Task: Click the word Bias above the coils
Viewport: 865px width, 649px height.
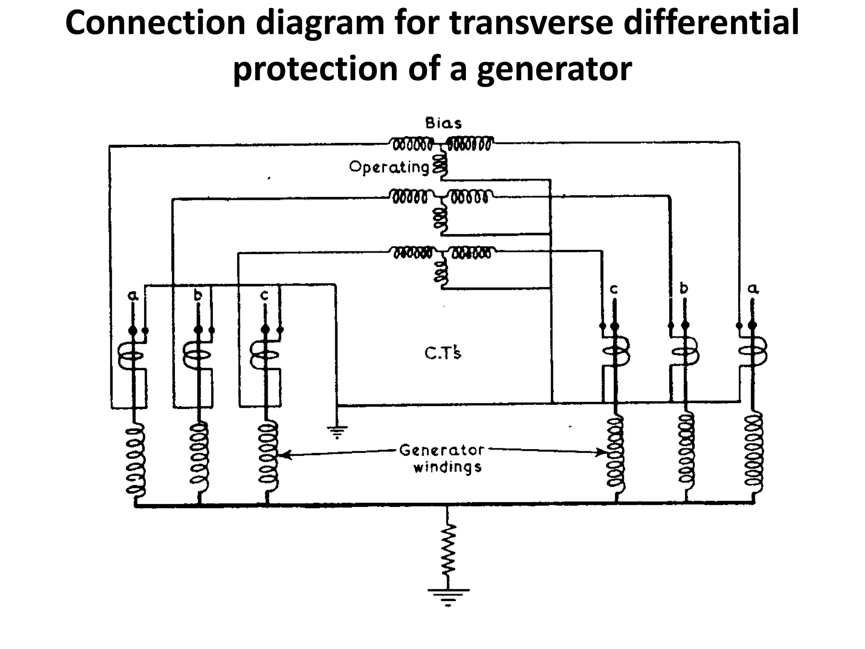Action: pos(443,123)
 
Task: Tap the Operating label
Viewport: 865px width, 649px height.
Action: pos(389,168)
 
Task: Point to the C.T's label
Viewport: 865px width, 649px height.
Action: pos(443,353)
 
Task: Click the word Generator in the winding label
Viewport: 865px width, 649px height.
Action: pos(441,450)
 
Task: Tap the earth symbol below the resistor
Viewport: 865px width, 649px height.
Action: pos(448,596)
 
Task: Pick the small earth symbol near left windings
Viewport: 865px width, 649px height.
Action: pos(337,431)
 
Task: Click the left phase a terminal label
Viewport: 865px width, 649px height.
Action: pos(133,296)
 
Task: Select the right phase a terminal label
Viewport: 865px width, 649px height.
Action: pos(753,289)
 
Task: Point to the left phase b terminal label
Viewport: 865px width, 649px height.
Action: pos(198,295)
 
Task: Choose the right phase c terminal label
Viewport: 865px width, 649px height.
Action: pos(614,289)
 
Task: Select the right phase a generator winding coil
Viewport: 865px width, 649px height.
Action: pos(753,452)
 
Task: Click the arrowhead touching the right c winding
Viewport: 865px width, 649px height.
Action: pos(602,453)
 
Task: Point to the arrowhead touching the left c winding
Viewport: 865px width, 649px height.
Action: pos(285,455)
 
